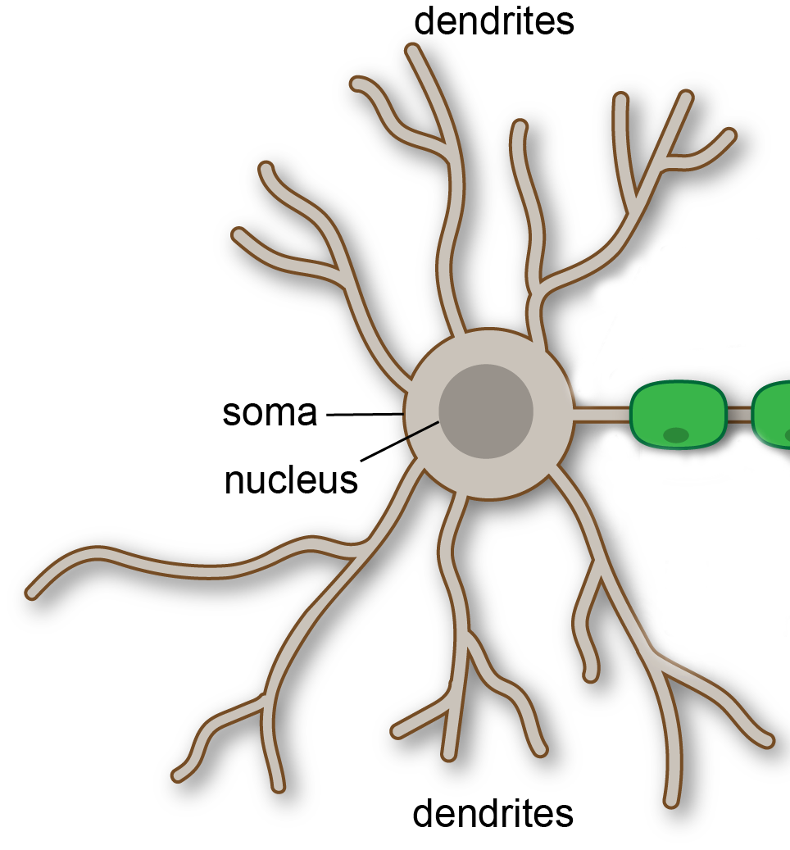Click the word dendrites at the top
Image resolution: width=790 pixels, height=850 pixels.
pyautogui.click(x=493, y=21)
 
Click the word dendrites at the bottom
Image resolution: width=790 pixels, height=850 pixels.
pyautogui.click(x=493, y=813)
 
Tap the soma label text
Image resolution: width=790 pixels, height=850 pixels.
pyautogui.click(x=270, y=413)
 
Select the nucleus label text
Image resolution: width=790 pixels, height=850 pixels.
pyautogui.click(x=291, y=480)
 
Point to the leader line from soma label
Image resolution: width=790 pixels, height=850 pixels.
pyautogui.click(x=365, y=415)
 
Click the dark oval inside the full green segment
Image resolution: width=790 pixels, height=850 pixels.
pyautogui.click(x=675, y=435)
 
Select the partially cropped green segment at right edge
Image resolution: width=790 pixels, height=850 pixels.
pyautogui.click(x=772, y=413)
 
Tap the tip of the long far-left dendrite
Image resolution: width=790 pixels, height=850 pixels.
pyautogui.click(x=33, y=591)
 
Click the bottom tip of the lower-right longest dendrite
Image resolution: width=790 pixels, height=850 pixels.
pyautogui.click(x=671, y=799)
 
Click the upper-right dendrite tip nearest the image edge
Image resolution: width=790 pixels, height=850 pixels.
pyautogui.click(x=728, y=135)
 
